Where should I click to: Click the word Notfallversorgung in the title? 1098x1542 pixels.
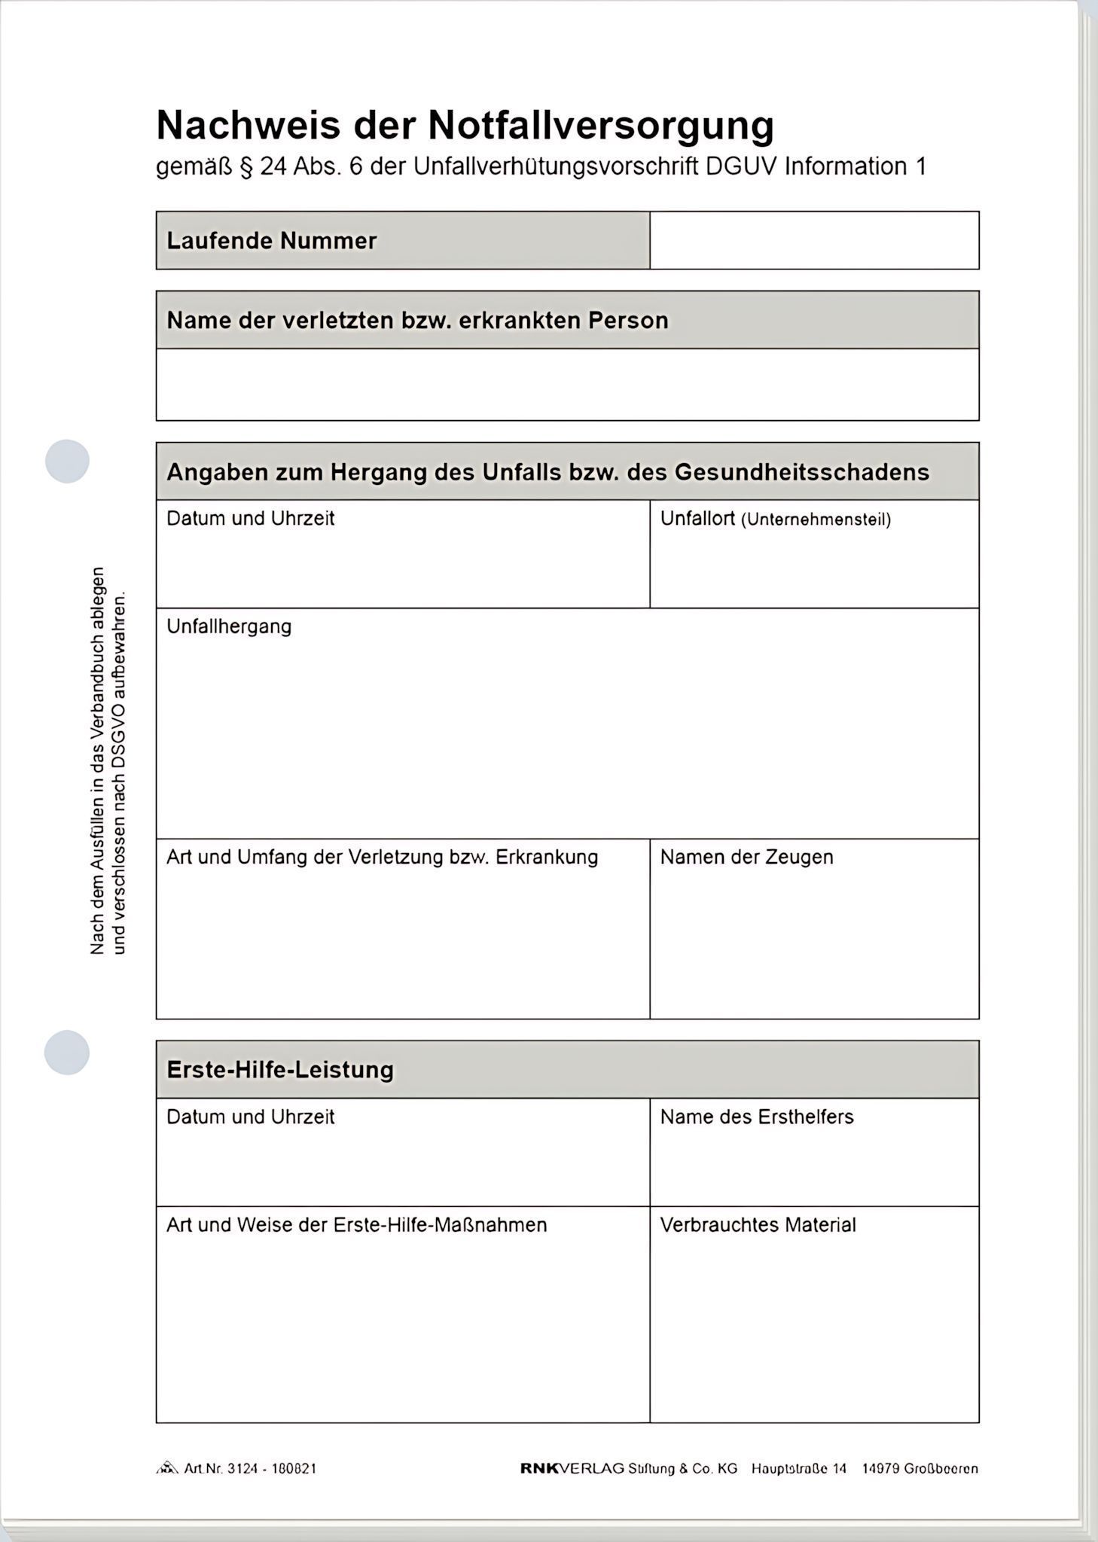(x=600, y=125)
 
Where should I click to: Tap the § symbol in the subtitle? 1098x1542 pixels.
(x=245, y=166)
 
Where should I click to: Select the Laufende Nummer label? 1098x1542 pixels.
(x=271, y=241)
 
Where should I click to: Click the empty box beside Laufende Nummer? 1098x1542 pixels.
(x=813, y=240)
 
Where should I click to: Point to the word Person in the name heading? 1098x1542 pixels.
(x=628, y=321)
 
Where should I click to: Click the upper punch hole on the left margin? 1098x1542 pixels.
(x=67, y=461)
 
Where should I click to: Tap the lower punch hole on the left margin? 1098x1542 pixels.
(x=67, y=1052)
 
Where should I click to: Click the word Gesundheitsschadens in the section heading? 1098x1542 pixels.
(x=801, y=472)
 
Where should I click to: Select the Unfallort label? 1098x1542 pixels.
(x=697, y=518)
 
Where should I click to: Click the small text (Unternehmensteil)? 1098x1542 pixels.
(x=816, y=520)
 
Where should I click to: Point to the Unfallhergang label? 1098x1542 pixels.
(x=229, y=626)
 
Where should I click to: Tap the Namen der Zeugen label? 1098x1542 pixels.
(x=746, y=857)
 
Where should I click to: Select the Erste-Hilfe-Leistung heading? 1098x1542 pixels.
(x=280, y=1070)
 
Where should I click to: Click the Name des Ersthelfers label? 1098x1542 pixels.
(x=757, y=1117)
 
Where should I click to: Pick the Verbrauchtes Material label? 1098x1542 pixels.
(x=758, y=1225)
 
